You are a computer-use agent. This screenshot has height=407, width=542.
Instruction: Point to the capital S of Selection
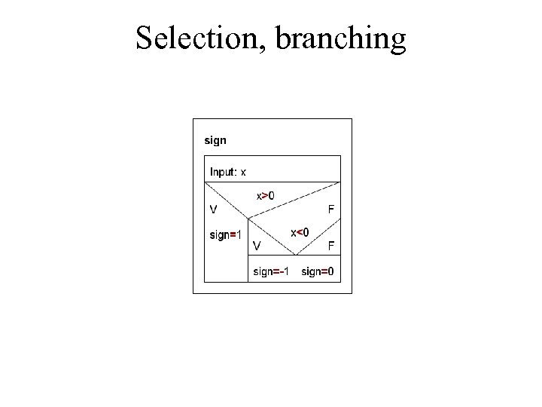(143, 38)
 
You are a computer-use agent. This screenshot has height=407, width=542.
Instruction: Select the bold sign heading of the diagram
(215, 140)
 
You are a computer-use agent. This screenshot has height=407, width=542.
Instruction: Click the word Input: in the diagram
(223, 172)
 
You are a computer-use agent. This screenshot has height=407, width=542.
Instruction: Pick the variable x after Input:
(243, 173)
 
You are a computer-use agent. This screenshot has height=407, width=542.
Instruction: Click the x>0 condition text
(266, 196)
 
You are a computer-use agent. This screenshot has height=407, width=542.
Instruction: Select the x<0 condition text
(300, 232)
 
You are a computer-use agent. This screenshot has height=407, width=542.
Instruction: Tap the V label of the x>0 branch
(214, 209)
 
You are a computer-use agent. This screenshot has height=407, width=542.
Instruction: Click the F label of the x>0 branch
(330, 209)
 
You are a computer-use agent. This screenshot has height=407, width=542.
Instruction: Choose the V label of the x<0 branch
(257, 245)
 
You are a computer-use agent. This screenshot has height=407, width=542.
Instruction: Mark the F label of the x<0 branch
(330, 245)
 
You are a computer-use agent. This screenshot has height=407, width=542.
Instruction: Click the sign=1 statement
(225, 235)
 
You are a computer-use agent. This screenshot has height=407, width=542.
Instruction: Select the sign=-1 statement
(271, 271)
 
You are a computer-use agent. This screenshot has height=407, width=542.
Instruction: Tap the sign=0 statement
(318, 271)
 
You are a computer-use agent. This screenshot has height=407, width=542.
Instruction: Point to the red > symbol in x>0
(266, 196)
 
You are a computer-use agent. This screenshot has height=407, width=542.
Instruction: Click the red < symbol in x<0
(300, 232)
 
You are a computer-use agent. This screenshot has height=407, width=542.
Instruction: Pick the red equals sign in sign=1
(234, 235)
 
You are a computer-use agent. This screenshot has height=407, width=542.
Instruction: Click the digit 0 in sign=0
(332, 271)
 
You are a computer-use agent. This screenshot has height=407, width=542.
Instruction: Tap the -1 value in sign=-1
(285, 271)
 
